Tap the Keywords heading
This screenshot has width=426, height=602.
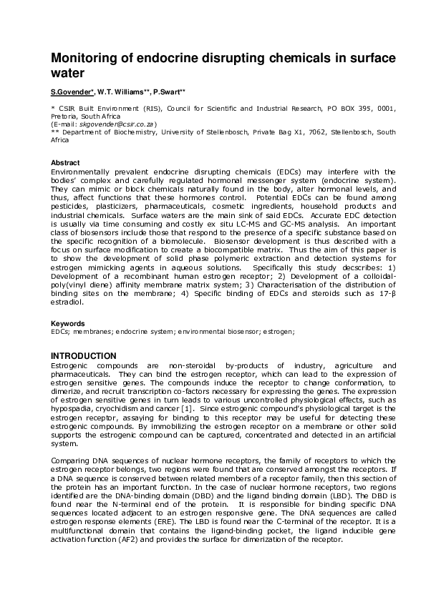click(67, 324)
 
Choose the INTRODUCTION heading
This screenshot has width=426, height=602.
click(83, 356)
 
